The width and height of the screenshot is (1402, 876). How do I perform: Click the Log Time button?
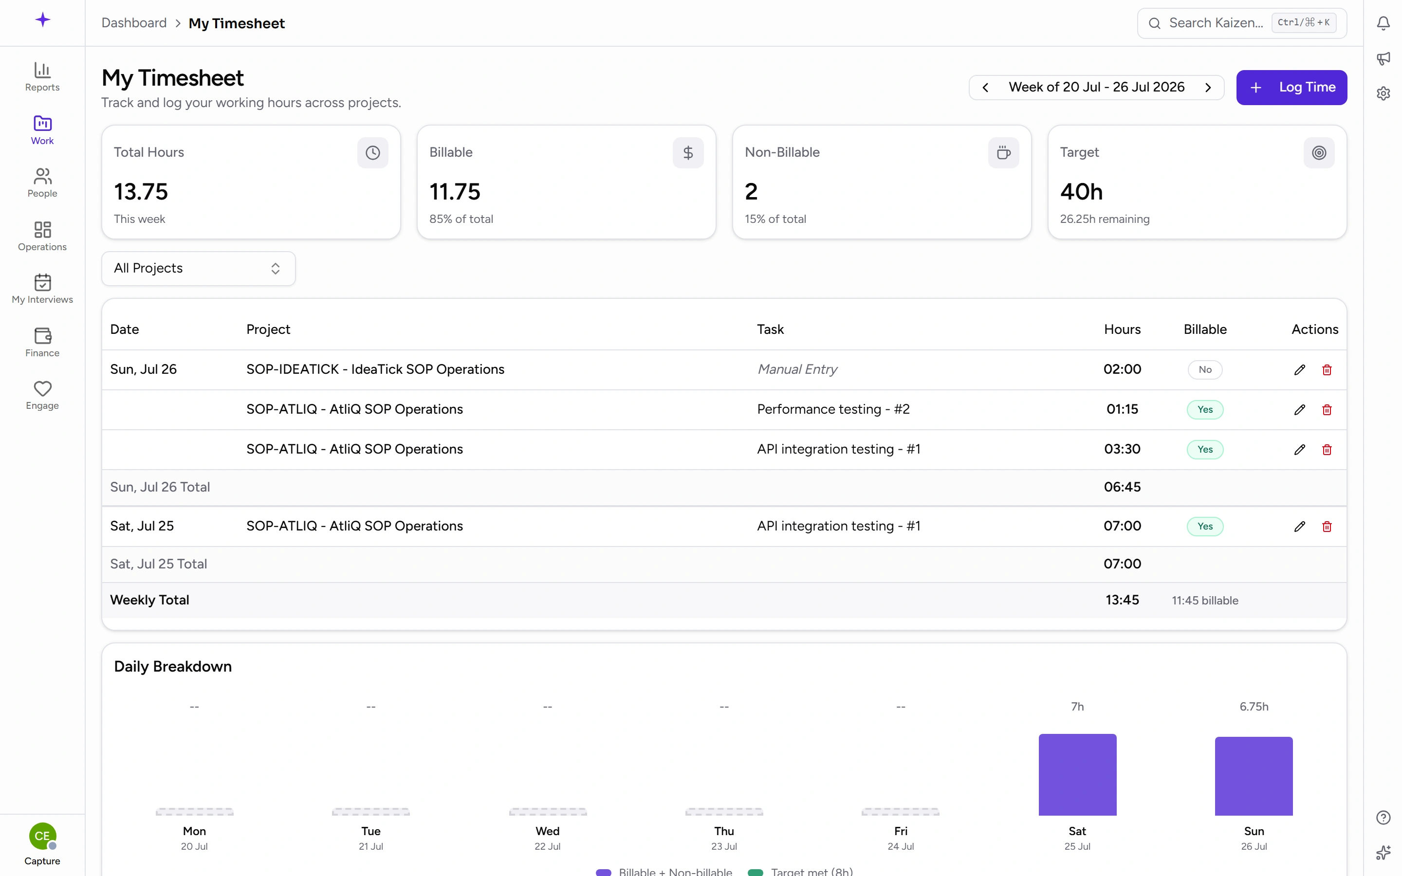tap(1291, 88)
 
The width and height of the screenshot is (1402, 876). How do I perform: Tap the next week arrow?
tap(1208, 88)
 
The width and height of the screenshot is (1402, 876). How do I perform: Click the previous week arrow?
tap(985, 88)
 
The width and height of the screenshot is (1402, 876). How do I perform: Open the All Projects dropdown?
tap(198, 268)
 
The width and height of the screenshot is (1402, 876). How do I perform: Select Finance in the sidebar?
tap(42, 342)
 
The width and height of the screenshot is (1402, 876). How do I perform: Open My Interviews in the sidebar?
tap(42, 289)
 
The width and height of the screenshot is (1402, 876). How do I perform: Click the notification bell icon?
tap(1384, 23)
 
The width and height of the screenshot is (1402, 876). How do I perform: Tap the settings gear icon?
tap(1384, 93)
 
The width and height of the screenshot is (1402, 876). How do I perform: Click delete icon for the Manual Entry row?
tap(1327, 370)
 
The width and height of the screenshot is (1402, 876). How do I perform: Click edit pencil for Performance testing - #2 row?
tap(1299, 410)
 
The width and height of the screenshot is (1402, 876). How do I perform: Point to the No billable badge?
tap(1205, 370)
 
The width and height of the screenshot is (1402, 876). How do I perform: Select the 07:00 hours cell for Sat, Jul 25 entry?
tap(1122, 526)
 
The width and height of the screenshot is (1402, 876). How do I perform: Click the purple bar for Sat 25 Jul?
tap(1077, 775)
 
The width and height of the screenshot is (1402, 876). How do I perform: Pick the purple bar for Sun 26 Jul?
tap(1254, 776)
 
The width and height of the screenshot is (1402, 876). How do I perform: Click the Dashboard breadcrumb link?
tap(134, 23)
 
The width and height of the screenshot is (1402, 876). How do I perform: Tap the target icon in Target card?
tap(1319, 153)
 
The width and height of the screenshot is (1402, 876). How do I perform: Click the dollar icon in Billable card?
tap(688, 153)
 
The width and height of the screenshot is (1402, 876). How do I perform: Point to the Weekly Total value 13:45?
tap(1122, 600)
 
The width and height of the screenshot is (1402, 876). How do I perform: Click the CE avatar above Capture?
tap(42, 836)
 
